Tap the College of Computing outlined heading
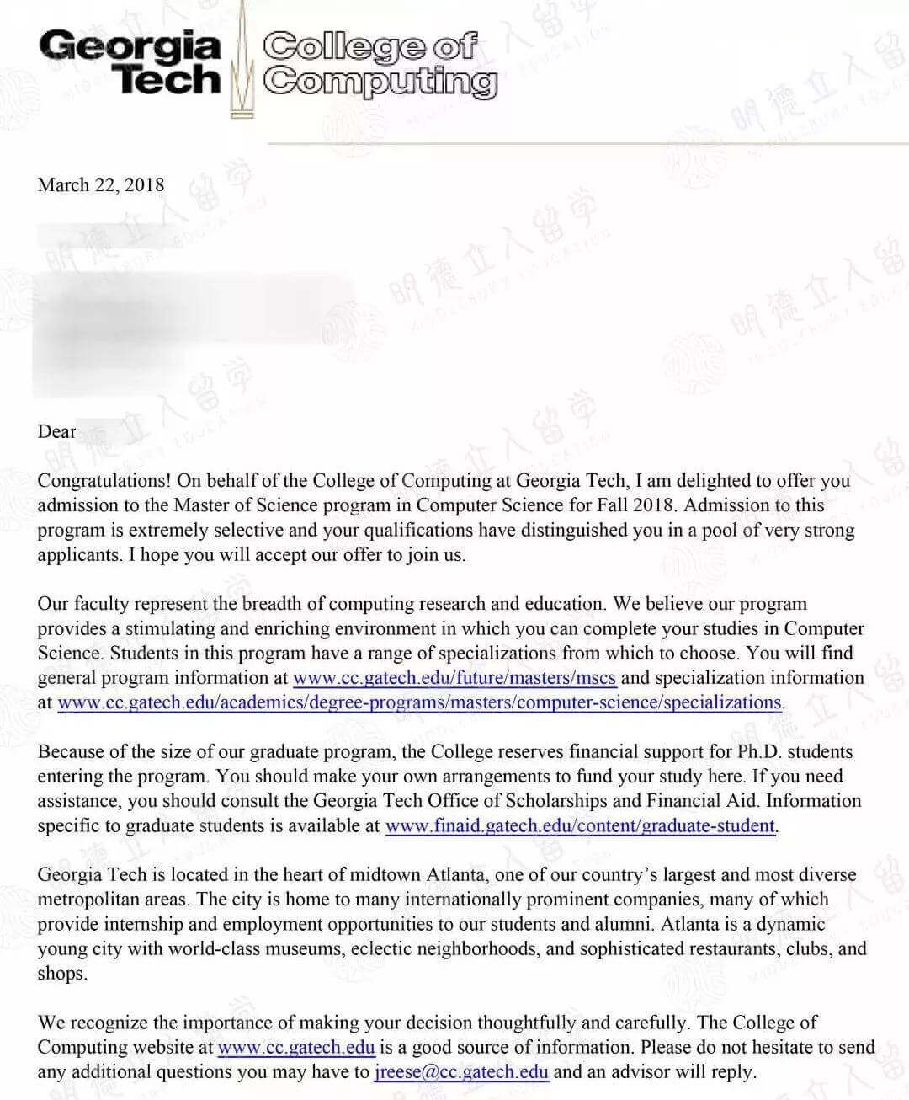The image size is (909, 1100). [x=379, y=63]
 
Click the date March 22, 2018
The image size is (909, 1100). [x=101, y=185]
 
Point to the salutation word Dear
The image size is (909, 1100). [x=56, y=432]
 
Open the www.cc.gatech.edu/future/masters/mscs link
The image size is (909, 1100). [x=454, y=678]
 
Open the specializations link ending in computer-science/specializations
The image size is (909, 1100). [x=419, y=702]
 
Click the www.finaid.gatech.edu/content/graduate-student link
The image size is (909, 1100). [x=580, y=825]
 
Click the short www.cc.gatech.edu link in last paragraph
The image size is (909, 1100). [x=296, y=1048]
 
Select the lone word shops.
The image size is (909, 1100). [x=62, y=974]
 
